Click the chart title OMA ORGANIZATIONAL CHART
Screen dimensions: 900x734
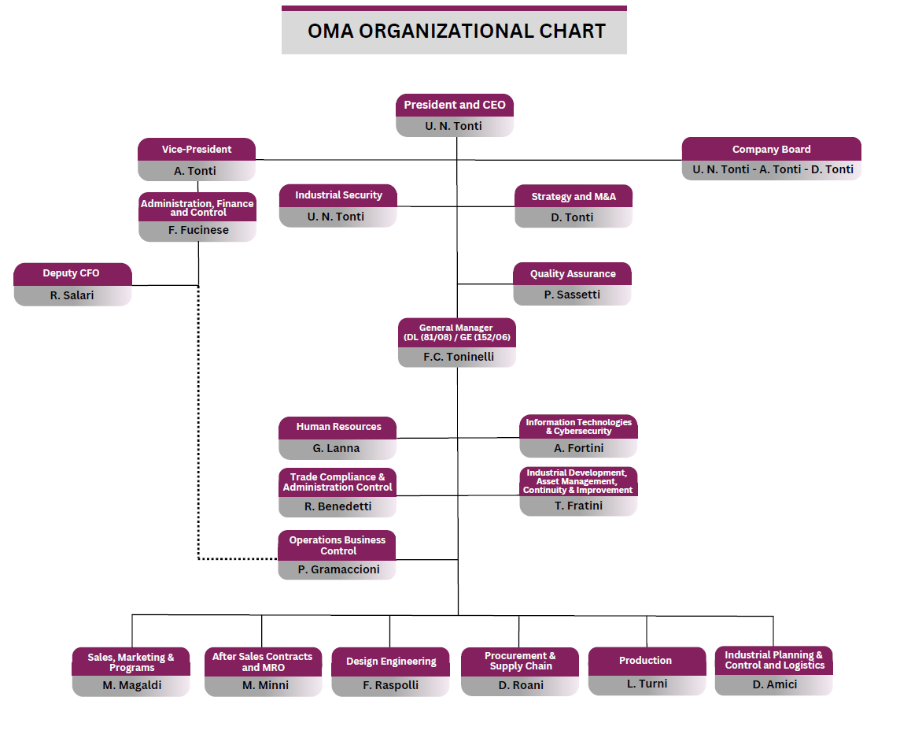(456, 31)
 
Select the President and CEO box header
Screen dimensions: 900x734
(455, 106)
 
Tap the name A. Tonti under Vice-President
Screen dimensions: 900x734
(195, 171)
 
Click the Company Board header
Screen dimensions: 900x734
(772, 149)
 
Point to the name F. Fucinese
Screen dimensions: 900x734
(198, 230)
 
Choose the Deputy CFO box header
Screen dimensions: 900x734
(72, 273)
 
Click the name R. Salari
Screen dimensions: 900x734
(72, 295)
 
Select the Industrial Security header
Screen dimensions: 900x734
(338, 195)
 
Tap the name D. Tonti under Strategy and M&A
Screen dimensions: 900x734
(572, 217)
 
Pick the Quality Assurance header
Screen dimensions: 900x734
(572, 273)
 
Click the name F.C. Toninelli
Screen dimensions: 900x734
(459, 357)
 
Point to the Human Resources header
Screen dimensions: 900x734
(338, 427)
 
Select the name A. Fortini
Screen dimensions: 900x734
(578, 448)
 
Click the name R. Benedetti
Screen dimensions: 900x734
(337, 506)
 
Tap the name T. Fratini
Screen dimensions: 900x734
(578, 506)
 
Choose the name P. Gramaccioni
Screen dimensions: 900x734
(338, 569)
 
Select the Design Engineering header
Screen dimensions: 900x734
(391, 662)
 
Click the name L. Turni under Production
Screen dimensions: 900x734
(647, 684)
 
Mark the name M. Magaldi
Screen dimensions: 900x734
(132, 685)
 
